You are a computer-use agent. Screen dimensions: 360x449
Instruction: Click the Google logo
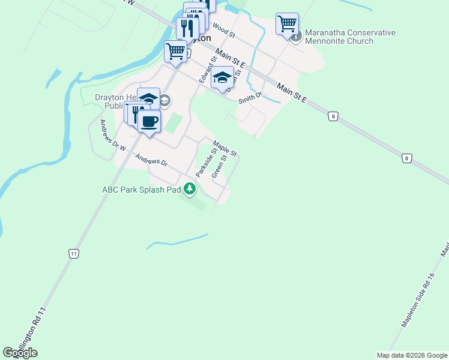(20, 353)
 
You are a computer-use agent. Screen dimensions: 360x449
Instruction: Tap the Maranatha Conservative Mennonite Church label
(350, 37)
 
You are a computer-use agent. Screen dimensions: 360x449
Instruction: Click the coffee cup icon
(149, 121)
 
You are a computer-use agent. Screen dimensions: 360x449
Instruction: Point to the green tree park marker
(190, 189)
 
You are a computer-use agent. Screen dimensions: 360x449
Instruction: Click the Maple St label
(226, 148)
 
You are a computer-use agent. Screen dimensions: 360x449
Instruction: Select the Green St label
(219, 167)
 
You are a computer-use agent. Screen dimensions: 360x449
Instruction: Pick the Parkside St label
(205, 164)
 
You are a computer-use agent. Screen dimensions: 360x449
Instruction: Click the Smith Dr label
(250, 98)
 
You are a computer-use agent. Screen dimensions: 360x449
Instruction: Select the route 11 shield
(73, 254)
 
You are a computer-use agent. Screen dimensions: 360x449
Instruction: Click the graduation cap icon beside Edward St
(223, 77)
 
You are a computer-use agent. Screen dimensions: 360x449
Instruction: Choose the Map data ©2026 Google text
(412, 355)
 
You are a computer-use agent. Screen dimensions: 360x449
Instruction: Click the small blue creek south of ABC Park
(178, 241)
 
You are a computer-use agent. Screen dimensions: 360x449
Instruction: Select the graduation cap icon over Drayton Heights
(148, 97)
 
